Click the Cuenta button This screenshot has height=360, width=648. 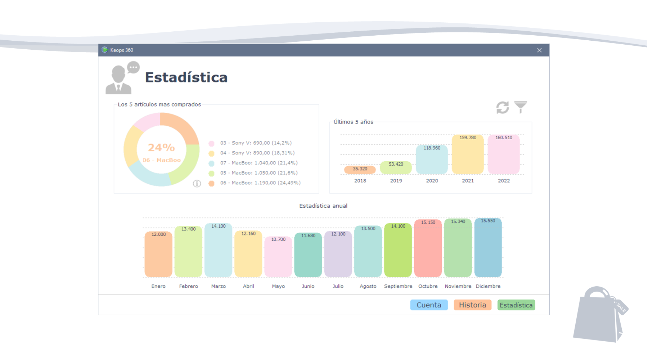pos(429,305)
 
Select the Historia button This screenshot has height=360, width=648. pos(472,305)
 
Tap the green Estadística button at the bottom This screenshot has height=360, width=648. pos(516,305)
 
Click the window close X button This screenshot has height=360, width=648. pos(539,50)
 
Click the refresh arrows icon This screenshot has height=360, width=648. pos(503,107)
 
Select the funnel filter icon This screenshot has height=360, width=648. pos(521,107)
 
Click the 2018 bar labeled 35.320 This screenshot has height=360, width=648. pos(360,169)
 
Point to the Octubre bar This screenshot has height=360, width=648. pos(428,248)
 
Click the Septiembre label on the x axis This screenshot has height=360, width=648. pos(398,286)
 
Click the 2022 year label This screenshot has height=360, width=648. pos(504,181)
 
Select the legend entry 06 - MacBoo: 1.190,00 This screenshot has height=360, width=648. pos(260,183)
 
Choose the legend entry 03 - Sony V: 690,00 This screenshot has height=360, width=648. pos(256,143)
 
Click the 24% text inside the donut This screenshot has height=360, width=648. pos(161,148)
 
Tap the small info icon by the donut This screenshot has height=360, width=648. pos(197,184)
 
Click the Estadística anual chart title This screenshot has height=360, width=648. pos(323,206)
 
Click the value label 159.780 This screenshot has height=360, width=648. pos(468,138)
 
